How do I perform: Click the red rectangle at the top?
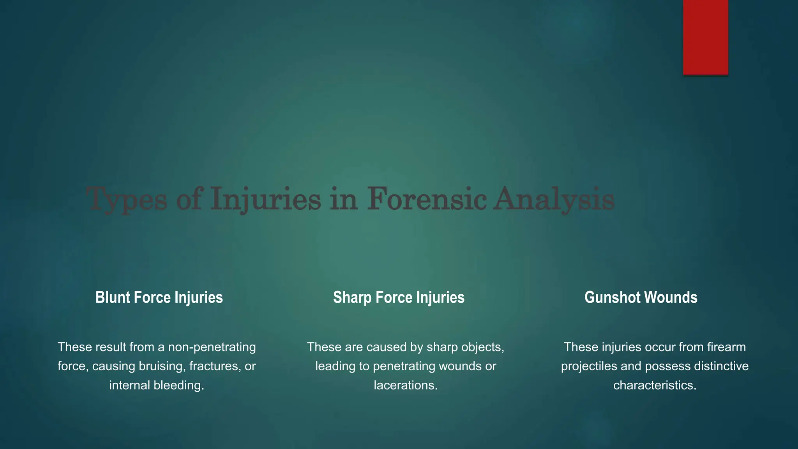tap(705, 37)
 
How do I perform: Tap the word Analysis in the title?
tap(554, 199)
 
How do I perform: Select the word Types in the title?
tap(127, 199)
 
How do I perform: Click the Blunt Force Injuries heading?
tap(159, 297)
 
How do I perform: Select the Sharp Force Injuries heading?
tap(399, 297)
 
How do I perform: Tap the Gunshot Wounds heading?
tap(641, 297)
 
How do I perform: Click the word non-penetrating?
tap(212, 347)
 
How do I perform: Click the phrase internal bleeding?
tap(157, 385)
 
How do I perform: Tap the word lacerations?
tap(406, 385)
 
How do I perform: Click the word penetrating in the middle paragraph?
tap(404, 366)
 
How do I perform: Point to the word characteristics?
tap(655, 385)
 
